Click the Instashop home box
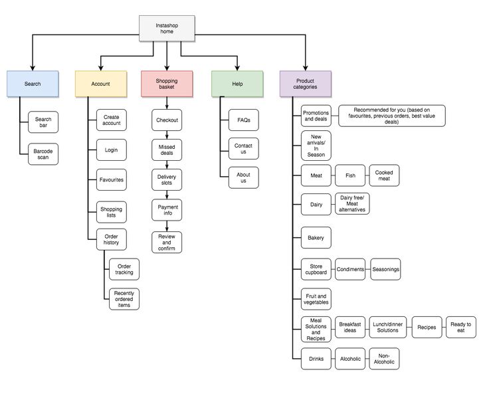pyautogui.click(x=167, y=29)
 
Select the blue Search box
pyautogui.click(x=33, y=84)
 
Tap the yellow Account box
pyautogui.click(x=100, y=84)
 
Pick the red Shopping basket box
pyautogui.click(x=167, y=84)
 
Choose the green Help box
pyautogui.click(x=237, y=84)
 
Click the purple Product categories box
pyautogui.click(x=305, y=84)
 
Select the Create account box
pyautogui.click(x=112, y=120)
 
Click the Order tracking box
pyautogui.click(x=124, y=268)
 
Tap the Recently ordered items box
pyautogui.click(x=124, y=298)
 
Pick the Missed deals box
pyautogui.click(x=166, y=150)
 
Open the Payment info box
pyautogui.click(x=166, y=210)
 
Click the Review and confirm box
pyautogui.click(x=166, y=243)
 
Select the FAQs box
pyautogui.click(x=243, y=120)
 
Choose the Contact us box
pyautogui.click(x=243, y=149)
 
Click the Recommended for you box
pyautogui.click(x=391, y=116)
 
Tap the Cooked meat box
pyautogui.click(x=384, y=175)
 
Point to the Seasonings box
pyautogui.click(x=385, y=269)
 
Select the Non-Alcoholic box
pyautogui.click(x=384, y=359)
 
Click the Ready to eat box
pyautogui.click(x=461, y=328)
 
